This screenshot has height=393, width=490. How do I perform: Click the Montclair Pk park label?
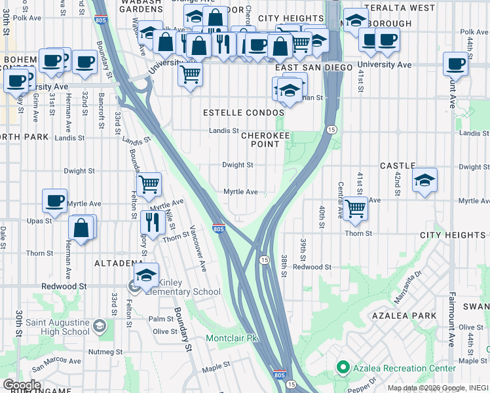pos(233,339)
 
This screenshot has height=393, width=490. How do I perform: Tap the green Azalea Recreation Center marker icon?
pos(341,368)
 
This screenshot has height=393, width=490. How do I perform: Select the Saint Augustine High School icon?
pos(99,326)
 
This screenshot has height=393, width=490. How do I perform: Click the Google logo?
pos(22,385)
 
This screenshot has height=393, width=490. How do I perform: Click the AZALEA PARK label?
pos(412,315)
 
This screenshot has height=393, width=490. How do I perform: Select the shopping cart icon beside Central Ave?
pos(355,208)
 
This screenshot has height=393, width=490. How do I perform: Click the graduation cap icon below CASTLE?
pos(424,180)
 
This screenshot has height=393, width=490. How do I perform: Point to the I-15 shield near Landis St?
pos(332,130)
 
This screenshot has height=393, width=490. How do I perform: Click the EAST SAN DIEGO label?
pos(314,67)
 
